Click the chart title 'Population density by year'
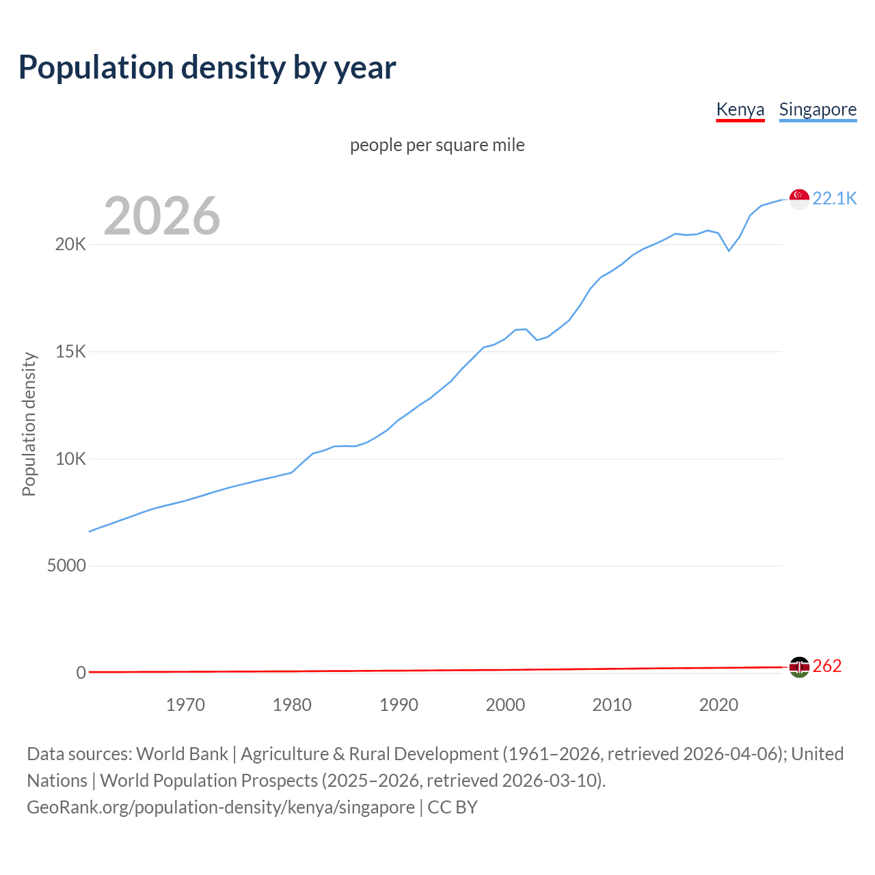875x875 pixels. [x=207, y=68]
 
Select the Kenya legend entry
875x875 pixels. [x=740, y=109]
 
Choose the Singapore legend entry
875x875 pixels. [x=818, y=109]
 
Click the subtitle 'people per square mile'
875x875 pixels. [x=437, y=145]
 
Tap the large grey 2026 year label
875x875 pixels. [x=162, y=216]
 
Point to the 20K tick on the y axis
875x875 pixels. [x=70, y=245]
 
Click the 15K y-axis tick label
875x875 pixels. [x=70, y=352]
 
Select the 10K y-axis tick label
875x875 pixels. [x=70, y=459]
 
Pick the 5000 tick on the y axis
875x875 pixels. [x=66, y=566]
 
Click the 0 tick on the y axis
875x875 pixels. [x=81, y=673]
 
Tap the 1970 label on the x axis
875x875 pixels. [x=185, y=705]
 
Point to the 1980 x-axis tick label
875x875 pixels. [x=292, y=705]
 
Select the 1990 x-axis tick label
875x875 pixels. [x=399, y=705]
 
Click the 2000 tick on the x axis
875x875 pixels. [x=505, y=705]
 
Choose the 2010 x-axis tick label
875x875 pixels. [x=612, y=705]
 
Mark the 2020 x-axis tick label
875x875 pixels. [x=718, y=705]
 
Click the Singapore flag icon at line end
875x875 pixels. [x=799, y=199]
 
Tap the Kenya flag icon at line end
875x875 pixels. [x=799, y=667]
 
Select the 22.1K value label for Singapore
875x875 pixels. [x=834, y=198]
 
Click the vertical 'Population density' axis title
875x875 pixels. [x=29, y=424]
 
